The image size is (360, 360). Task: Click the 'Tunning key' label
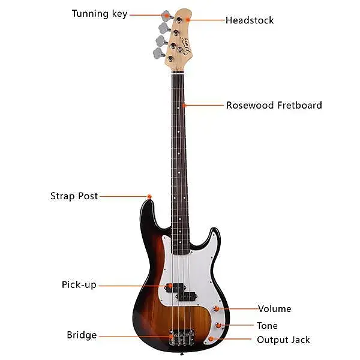[x=99, y=14]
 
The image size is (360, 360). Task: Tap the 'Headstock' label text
[x=249, y=20]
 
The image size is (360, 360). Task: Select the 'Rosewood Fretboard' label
[x=274, y=106]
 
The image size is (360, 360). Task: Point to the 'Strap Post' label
[x=74, y=196]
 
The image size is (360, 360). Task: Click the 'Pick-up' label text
[x=79, y=285]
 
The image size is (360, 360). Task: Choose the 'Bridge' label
[x=82, y=335]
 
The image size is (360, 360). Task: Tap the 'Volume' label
[x=274, y=309]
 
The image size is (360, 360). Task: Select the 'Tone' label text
[x=267, y=326]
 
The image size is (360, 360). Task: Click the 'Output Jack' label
[x=283, y=340]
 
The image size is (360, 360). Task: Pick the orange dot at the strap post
[x=149, y=196]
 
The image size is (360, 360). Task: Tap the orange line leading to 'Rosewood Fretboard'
[x=204, y=106]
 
